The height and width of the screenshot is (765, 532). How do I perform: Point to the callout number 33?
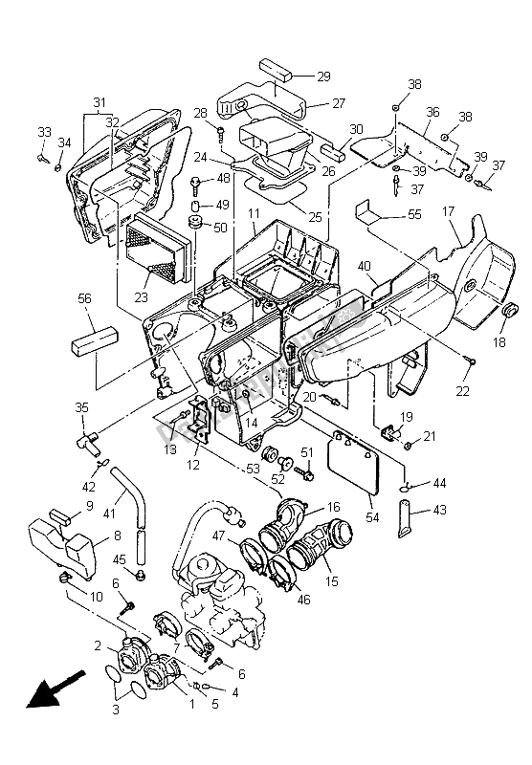43,131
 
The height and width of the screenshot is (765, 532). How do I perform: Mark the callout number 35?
82,407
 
